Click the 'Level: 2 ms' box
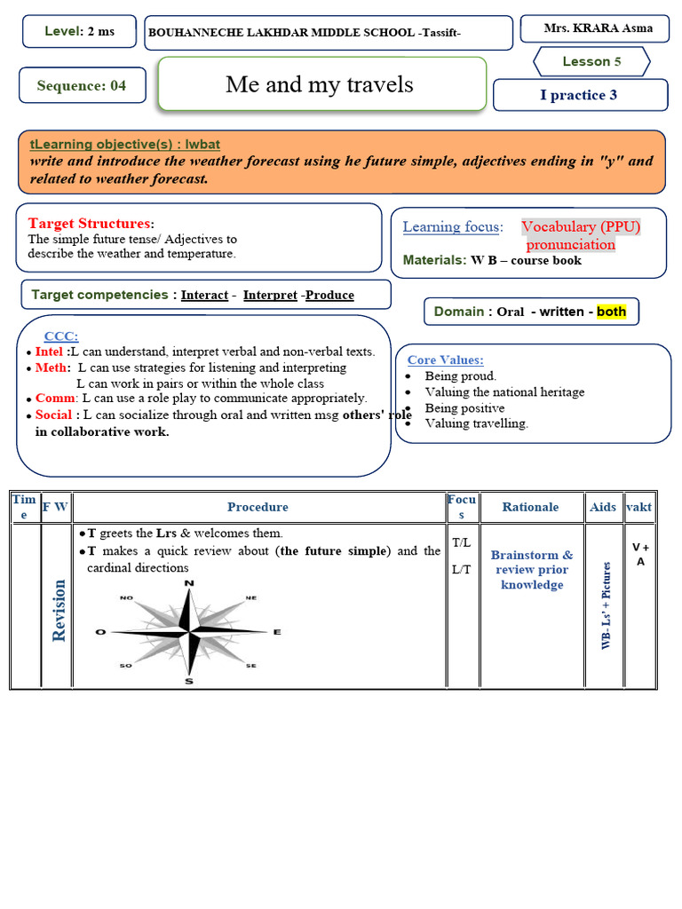[x=79, y=31]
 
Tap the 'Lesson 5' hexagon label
[x=591, y=61]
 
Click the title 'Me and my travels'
[x=320, y=84]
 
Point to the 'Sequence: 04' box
[x=82, y=86]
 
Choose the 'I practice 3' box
[x=579, y=95]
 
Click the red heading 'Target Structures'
[x=89, y=224]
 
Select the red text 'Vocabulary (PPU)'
[x=581, y=227]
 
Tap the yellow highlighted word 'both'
[x=611, y=312]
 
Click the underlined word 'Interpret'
[x=270, y=296]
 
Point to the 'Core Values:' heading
[x=446, y=360]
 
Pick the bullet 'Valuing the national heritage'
[x=504, y=392]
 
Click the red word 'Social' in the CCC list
[x=54, y=415]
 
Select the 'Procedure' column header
[x=258, y=507]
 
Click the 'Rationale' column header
[x=530, y=507]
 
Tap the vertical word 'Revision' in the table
[x=59, y=610]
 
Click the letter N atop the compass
[x=189, y=583]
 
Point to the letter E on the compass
[x=277, y=632]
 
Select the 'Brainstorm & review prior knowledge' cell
[x=532, y=570]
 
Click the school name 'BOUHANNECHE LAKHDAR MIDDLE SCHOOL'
[x=281, y=33]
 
